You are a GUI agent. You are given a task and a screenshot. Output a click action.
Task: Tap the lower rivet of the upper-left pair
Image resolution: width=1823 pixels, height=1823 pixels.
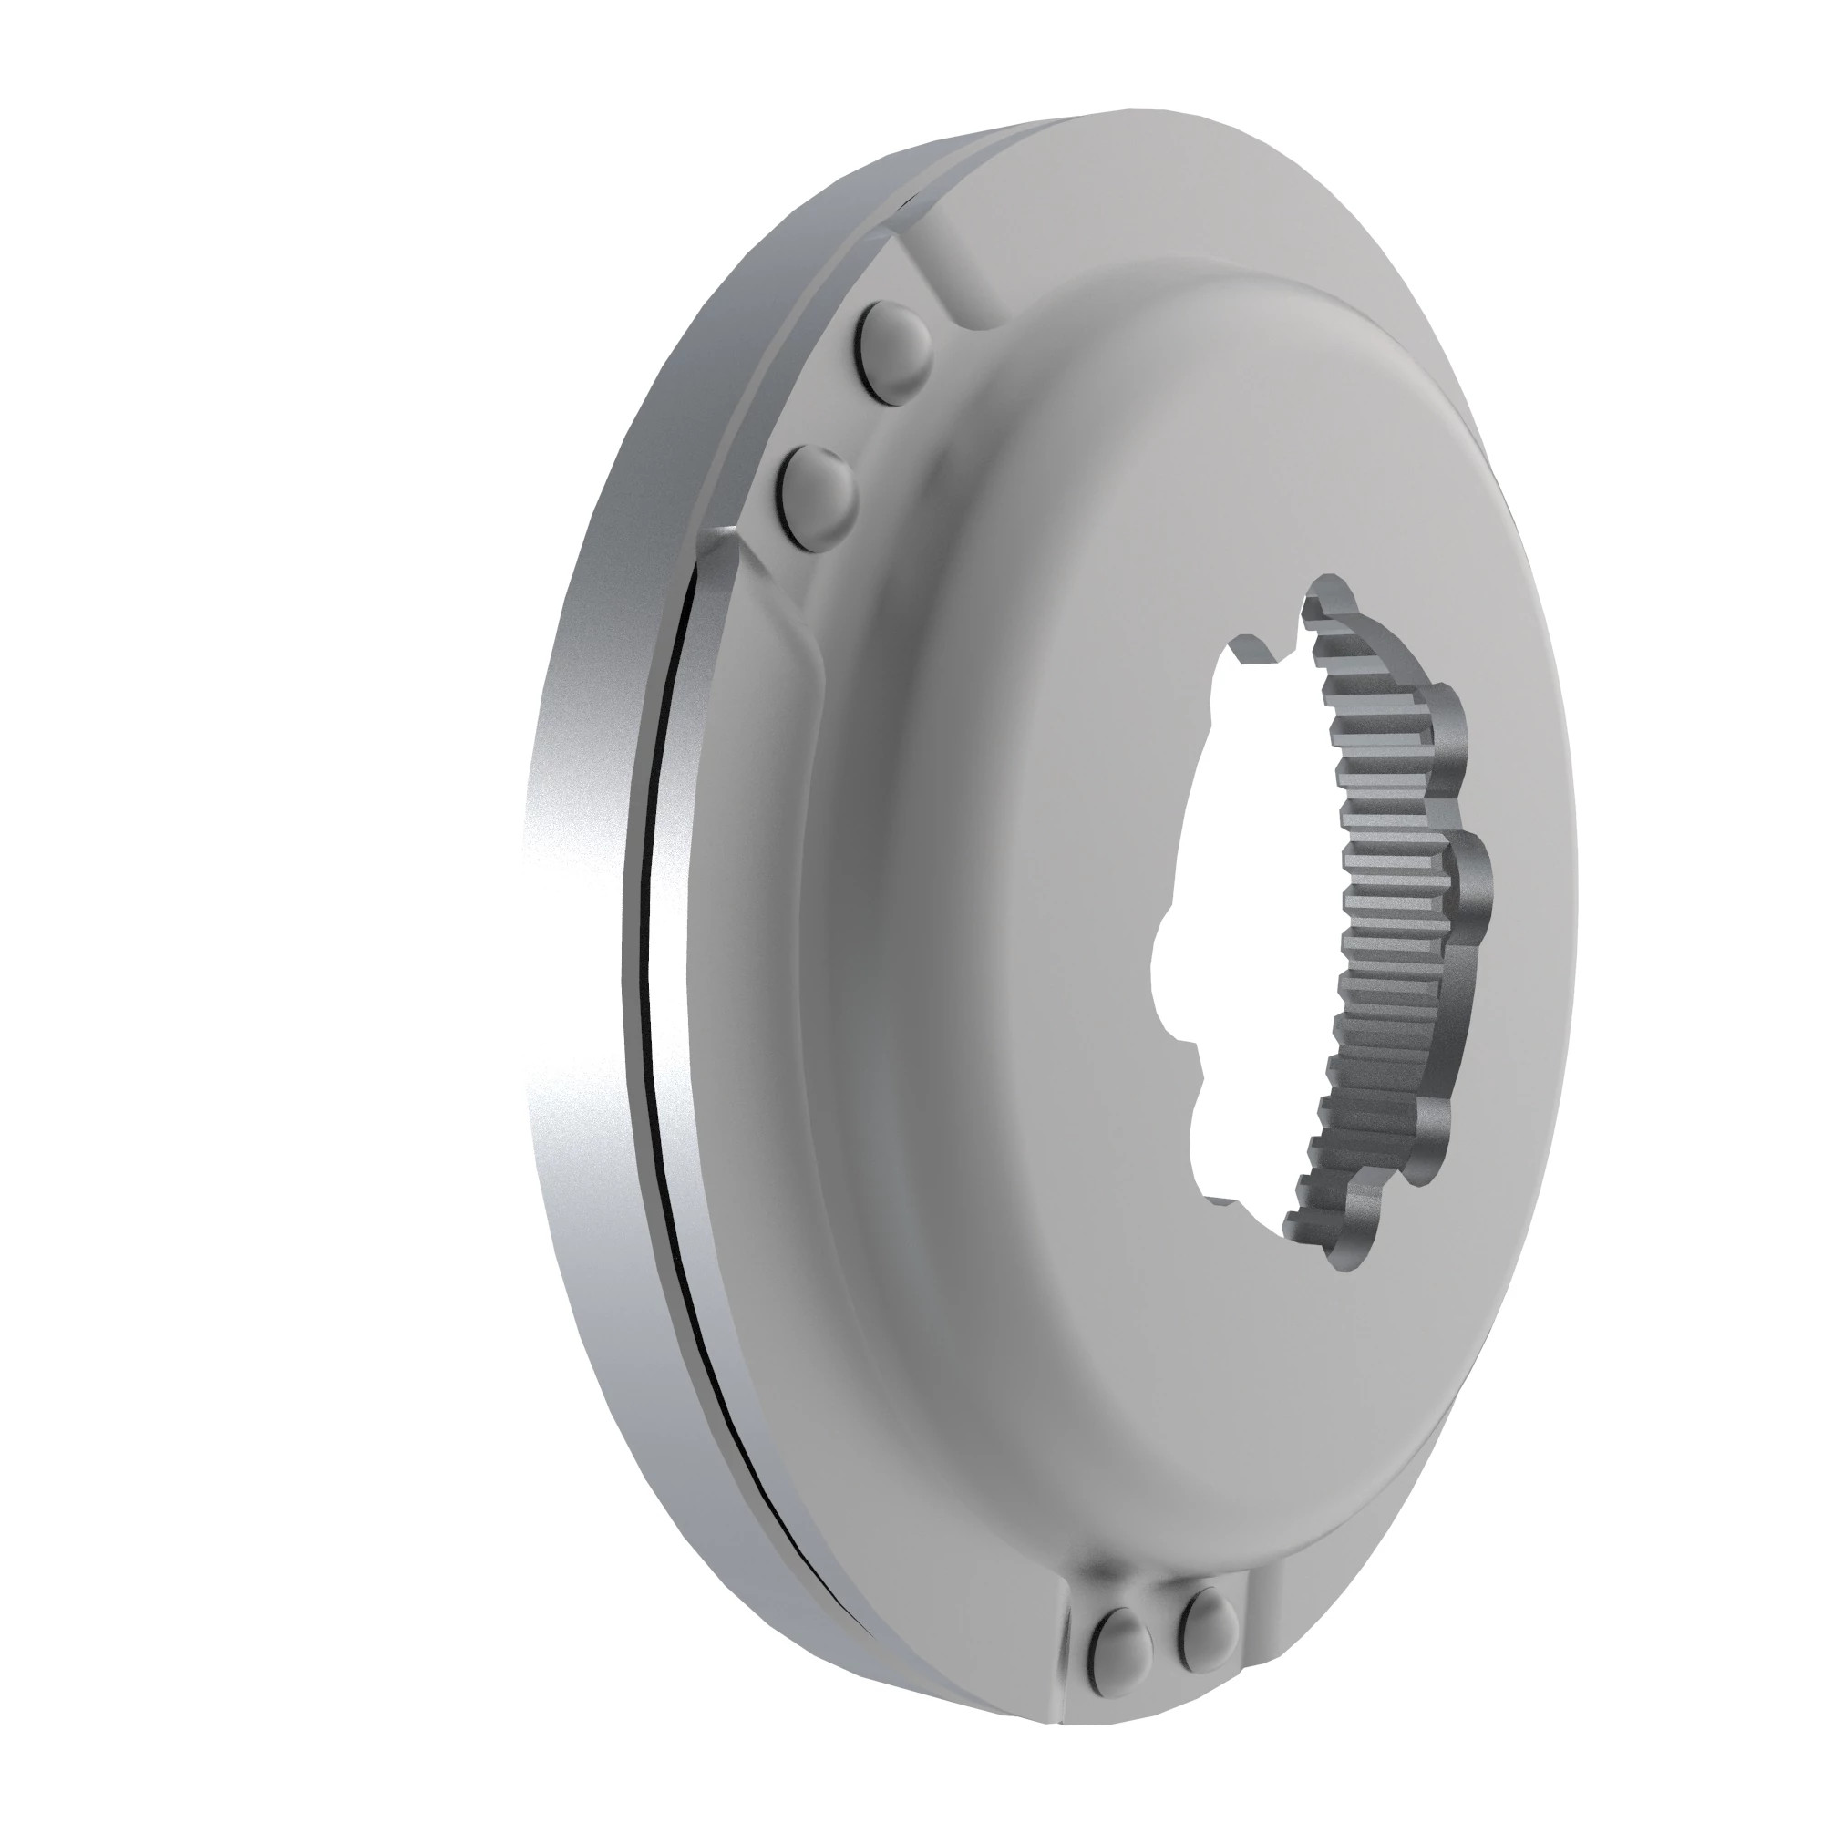[x=819, y=498]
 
